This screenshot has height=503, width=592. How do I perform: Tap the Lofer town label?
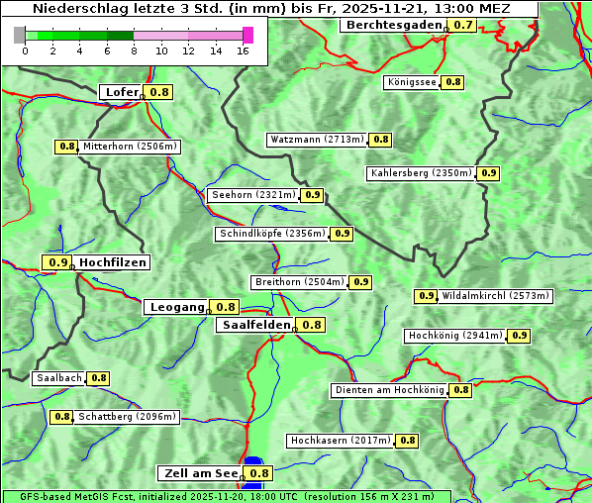coord(121,92)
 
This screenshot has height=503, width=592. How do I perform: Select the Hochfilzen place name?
coord(112,262)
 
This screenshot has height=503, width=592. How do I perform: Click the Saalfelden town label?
coord(255,325)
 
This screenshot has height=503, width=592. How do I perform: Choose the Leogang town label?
coord(177,307)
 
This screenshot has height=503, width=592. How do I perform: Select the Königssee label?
coord(411,82)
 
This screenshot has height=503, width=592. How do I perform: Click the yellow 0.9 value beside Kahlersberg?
coord(488,173)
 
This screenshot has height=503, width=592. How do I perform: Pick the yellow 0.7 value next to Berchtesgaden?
coord(463,25)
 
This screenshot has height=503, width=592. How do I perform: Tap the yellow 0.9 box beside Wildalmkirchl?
coord(426,296)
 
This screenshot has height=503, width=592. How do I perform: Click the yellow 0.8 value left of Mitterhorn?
coord(66,147)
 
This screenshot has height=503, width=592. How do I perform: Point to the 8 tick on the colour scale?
coord(134,50)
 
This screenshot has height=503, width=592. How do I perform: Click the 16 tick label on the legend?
coord(243,50)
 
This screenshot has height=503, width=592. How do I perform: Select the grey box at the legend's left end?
coord(20,35)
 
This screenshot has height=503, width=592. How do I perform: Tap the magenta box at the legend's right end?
coord(247,35)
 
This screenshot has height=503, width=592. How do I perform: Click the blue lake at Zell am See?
coord(253,463)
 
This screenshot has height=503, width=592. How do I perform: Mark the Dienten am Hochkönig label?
coord(389,390)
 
